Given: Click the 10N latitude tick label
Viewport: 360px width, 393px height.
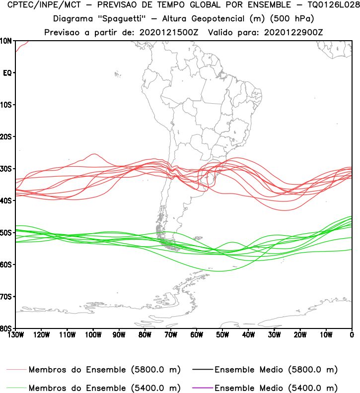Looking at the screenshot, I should [6, 41].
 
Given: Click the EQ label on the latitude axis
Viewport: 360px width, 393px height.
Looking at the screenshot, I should [7, 73].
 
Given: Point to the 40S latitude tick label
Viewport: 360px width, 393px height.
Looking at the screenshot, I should [6, 200].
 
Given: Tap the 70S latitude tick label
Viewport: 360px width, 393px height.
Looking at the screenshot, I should [6, 297].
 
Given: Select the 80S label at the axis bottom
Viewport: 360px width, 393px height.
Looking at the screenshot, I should [6, 328].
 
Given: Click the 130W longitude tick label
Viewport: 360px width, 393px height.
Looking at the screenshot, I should [15, 334].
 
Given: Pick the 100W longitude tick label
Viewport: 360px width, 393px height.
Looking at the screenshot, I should [93, 334].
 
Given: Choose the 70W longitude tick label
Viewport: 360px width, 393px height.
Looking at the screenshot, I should [171, 334].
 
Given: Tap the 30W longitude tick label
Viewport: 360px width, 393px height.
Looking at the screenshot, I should [274, 334].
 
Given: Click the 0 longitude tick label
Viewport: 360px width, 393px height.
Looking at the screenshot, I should [352, 334].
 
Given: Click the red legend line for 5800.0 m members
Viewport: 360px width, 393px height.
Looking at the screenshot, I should [16, 370].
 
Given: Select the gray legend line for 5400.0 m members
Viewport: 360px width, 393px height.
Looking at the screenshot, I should [16, 388].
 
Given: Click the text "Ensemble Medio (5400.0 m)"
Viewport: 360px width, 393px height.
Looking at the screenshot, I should [276, 388].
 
